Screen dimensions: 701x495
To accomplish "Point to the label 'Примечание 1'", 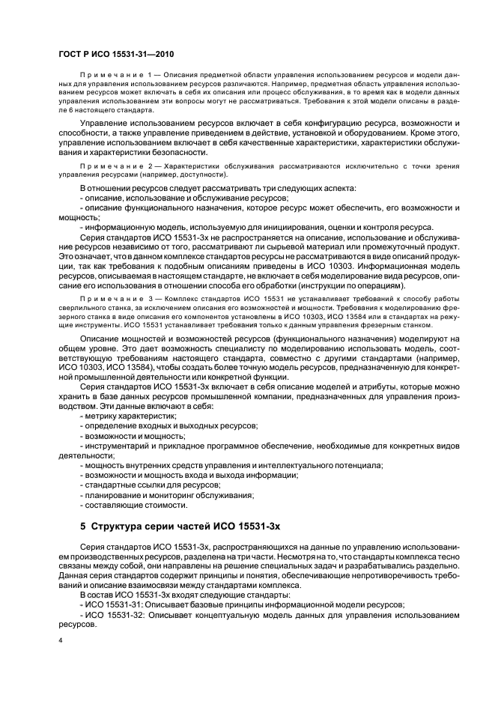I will click(x=116, y=77).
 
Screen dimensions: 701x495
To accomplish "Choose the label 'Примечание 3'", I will click(x=116, y=298).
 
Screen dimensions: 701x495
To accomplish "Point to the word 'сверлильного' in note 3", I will click(x=86, y=307).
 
